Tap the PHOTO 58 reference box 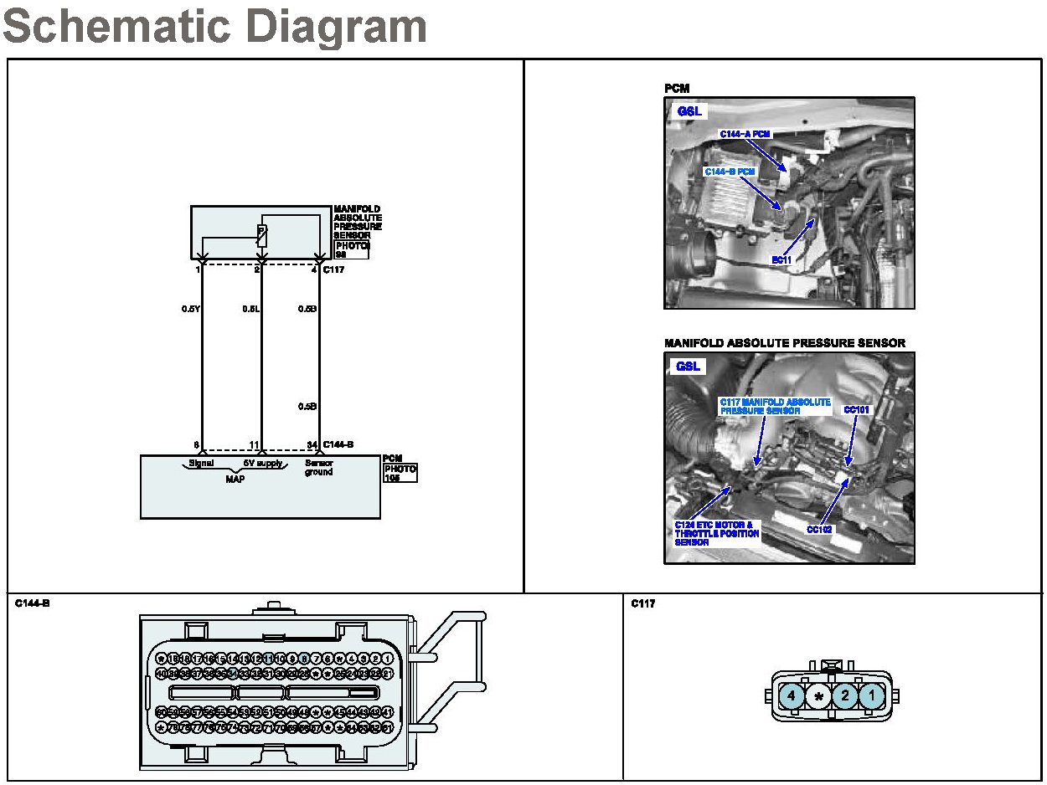351,249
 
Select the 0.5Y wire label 190,309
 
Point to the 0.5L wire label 250,309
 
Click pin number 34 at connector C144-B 312,444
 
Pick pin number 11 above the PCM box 255,444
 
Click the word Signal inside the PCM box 201,463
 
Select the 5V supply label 260,463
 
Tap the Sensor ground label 318,467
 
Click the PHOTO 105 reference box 400,474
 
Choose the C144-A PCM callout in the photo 745,134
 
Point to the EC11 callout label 782,260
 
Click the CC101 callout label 857,410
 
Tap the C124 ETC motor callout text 716,533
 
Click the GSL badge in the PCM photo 689,111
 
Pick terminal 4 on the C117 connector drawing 791,695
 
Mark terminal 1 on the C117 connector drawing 872,695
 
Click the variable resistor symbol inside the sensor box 262,235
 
